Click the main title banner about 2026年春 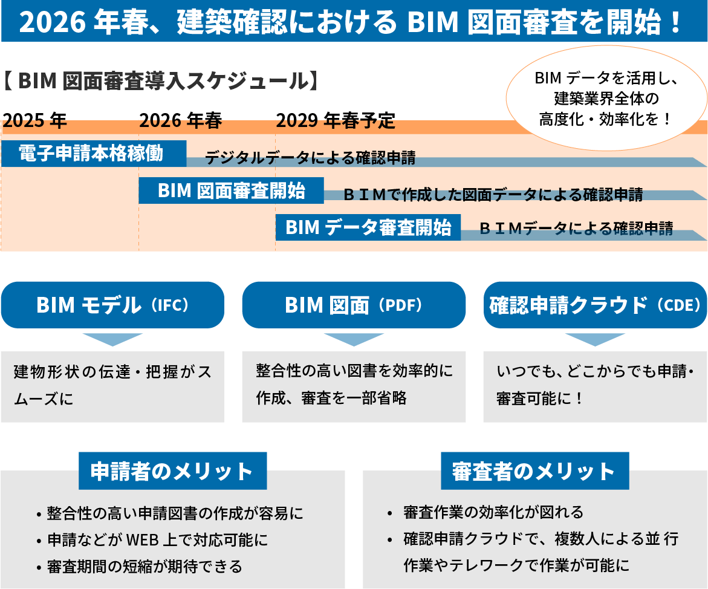[x=354, y=22]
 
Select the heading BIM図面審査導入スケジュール [x=160, y=81]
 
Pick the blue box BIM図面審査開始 [x=231, y=190]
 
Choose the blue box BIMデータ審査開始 [x=368, y=227]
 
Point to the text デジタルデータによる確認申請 [x=310, y=158]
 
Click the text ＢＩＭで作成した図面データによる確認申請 [x=492, y=195]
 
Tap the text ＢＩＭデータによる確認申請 [x=576, y=228]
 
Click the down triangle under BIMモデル [x=112, y=339]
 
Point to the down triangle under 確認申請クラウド [x=595, y=339]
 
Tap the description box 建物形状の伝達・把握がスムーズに [x=112, y=386]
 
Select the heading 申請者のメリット [x=172, y=471]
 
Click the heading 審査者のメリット [x=534, y=471]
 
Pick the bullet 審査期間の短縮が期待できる [x=145, y=567]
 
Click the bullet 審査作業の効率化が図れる [x=493, y=512]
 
